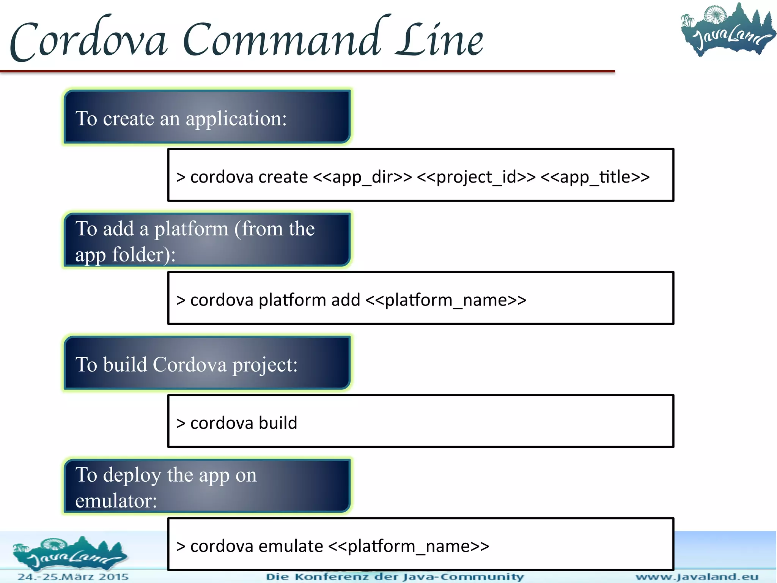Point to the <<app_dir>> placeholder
point(362,177)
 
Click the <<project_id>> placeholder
point(476,177)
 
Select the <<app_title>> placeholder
point(595,177)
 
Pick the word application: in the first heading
point(236,118)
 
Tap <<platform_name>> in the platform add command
point(446,300)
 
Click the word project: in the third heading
point(265,365)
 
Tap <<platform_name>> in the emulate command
point(409,547)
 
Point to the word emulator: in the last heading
point(116,501)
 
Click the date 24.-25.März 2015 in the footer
point(73,577)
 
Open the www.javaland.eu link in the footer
point(697,577)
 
